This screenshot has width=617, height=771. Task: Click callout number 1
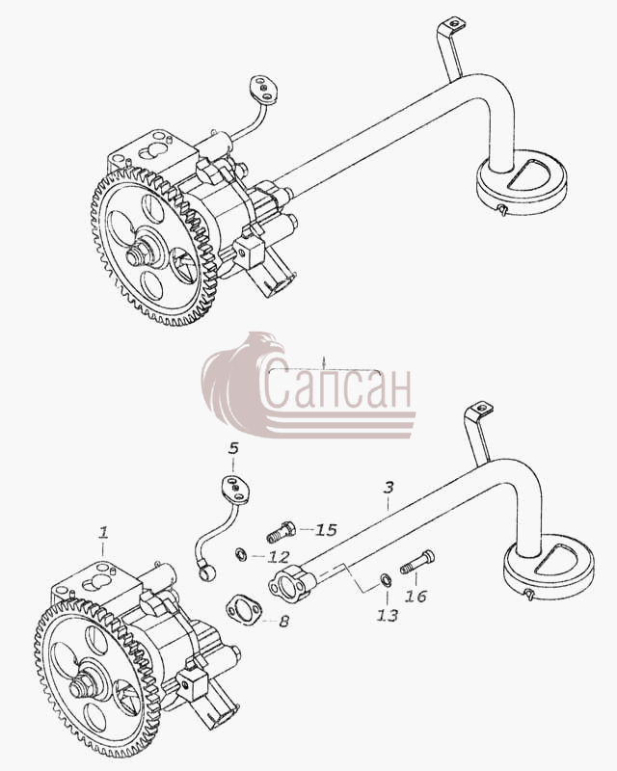click(103, 533)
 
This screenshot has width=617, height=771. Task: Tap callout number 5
click(233, 448)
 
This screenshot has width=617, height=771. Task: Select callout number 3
click(389, 488)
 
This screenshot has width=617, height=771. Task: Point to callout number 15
click(326, 530)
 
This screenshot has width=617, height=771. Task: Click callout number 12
click(279, 557)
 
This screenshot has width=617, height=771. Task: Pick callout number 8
click(283, 622)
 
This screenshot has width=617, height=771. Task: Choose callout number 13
click(388, 615)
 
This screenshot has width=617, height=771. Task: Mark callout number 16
click(416, 597)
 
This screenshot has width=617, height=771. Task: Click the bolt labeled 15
click(281, 532)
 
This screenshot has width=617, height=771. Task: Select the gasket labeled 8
click(244, 609)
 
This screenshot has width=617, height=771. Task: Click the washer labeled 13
click(386, 580)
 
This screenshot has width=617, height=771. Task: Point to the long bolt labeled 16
click(417, 562)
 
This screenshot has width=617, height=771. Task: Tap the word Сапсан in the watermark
click(339, 387)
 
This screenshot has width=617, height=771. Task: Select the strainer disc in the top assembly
click(521, 183)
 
